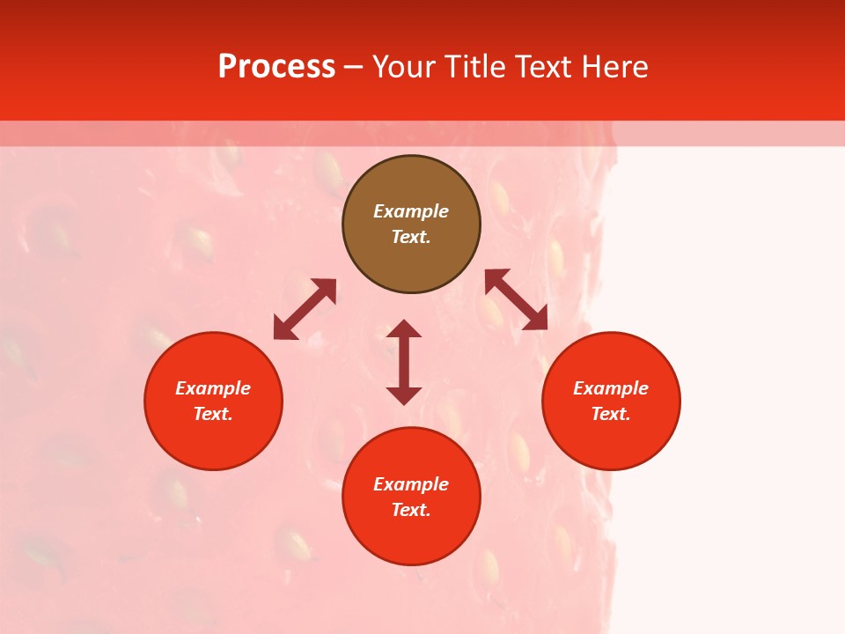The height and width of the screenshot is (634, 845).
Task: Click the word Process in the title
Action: [276, 67]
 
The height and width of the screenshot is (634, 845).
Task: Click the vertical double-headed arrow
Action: [404, 362]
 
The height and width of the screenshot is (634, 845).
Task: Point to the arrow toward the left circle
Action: [305, 309]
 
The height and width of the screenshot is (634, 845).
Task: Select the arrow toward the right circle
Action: [517, 299]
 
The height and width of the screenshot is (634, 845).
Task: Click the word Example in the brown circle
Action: [411, 211]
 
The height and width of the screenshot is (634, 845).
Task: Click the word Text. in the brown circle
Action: [411, 237]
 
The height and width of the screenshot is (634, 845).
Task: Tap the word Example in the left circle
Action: [213, 388]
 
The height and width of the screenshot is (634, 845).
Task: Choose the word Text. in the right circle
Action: [611, 414]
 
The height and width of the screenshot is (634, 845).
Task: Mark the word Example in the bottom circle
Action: [411, 484]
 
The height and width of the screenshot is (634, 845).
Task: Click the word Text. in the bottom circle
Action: [411, 510]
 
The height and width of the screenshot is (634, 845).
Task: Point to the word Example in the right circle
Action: [611, 388]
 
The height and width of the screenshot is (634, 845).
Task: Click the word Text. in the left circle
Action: [213, 414]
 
